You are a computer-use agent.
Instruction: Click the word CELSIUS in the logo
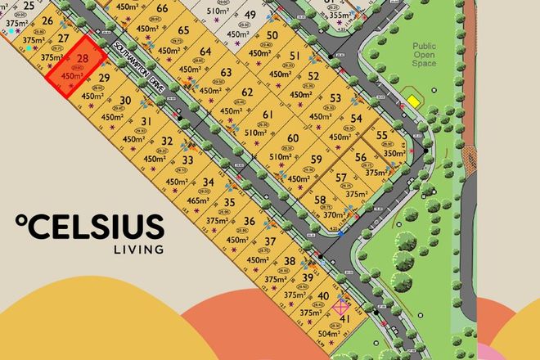(x=96, y=227)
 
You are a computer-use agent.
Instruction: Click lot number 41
(x=345, y=319)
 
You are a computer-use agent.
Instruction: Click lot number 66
(x=161, y=9)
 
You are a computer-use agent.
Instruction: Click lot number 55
(x=382, y=136)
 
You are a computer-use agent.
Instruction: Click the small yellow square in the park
(x=414, y=101)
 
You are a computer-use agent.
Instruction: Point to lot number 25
(x=29, y=6)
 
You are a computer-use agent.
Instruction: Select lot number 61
(x=268, y=115)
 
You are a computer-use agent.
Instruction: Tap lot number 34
(x=208, y=182)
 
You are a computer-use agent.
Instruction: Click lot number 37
(x=269, y=241)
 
